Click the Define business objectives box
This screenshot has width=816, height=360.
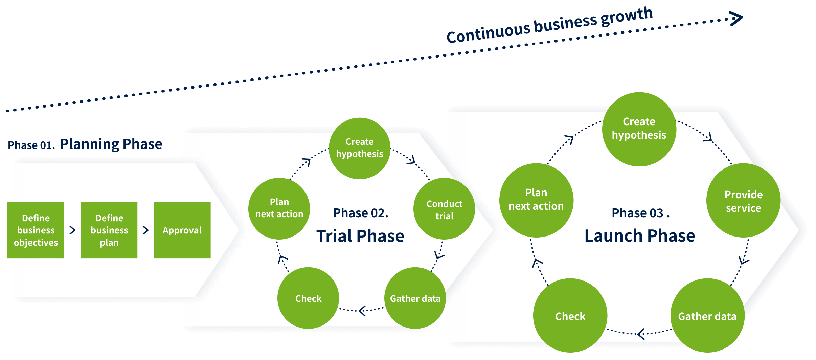click(36, 230)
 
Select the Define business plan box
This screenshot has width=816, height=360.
click(109, 230)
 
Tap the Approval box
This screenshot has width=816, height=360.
click(182, 230)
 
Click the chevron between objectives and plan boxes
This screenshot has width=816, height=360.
click(72, 230)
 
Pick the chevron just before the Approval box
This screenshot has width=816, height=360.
click(145, 230)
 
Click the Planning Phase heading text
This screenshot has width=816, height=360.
click(111, 144)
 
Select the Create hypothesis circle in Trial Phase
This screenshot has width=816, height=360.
click(359, 148)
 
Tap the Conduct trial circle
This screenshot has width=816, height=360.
click(444, 209)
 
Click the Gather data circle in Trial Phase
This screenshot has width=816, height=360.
click(415, 298)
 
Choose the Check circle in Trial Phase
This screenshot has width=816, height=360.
click(308, 298)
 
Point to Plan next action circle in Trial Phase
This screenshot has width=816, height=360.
click(279, 208)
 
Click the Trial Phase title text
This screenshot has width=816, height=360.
click(360, 236)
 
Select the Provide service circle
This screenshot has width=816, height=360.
click(743, 201)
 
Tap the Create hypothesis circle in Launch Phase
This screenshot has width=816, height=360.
click(639, 129)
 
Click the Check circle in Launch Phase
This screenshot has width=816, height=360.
click(570, 316)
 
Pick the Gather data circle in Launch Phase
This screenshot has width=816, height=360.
click(707, 316)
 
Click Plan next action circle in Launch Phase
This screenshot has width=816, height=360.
click(536, 200)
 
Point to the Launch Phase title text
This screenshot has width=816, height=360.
click(639, 235)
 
